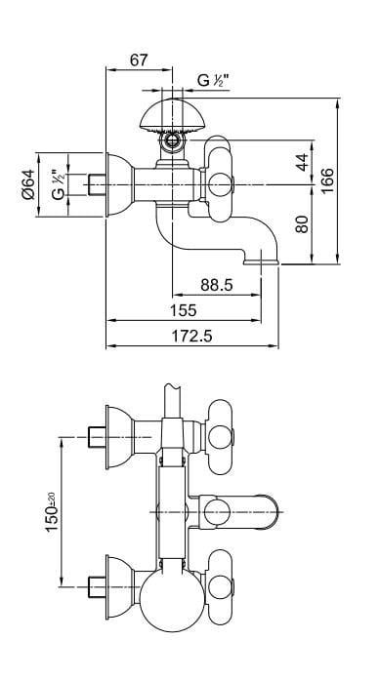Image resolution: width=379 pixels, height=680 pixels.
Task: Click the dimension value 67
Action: tap(138, 60)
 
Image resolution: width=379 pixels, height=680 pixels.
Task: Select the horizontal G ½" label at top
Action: tap(216, 81)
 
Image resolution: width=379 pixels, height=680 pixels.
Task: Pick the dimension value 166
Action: tap(327, 179)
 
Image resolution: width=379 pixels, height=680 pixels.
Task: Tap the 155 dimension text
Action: tap(183, 310)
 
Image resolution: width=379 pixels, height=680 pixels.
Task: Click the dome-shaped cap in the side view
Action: tap(175, 116)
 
